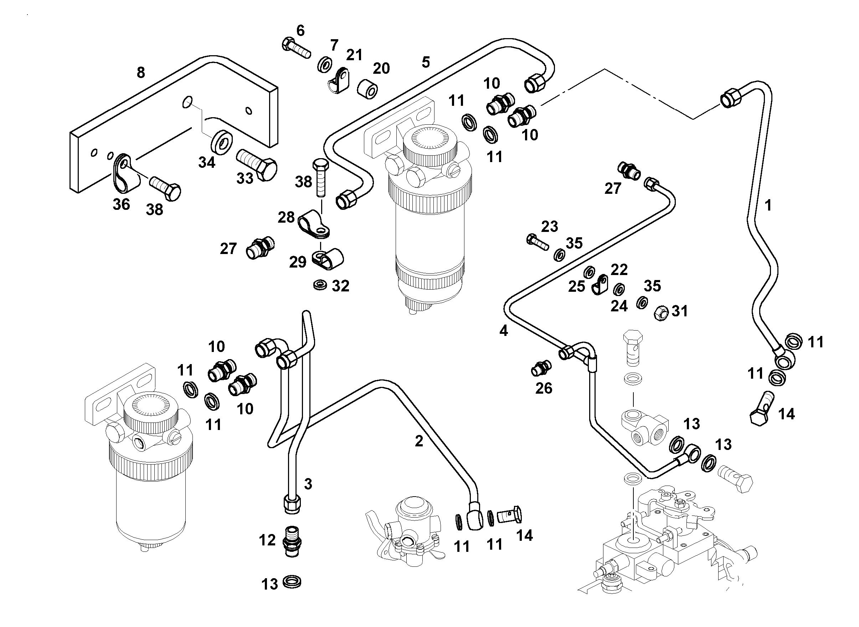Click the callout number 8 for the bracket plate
click(141, 72)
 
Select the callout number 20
click(381, 68)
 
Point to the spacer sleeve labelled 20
click(367, 88)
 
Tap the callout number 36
click(122, 204)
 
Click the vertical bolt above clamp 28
click(320, 178)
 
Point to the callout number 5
click(426, 62)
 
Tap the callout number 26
click(544, 388)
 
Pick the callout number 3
click(308, 484)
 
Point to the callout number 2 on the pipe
click(419, 441)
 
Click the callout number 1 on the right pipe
click(768, 205)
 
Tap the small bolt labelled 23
click(537, 242)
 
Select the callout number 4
click(504, 331)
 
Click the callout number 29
click(298, 262)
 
